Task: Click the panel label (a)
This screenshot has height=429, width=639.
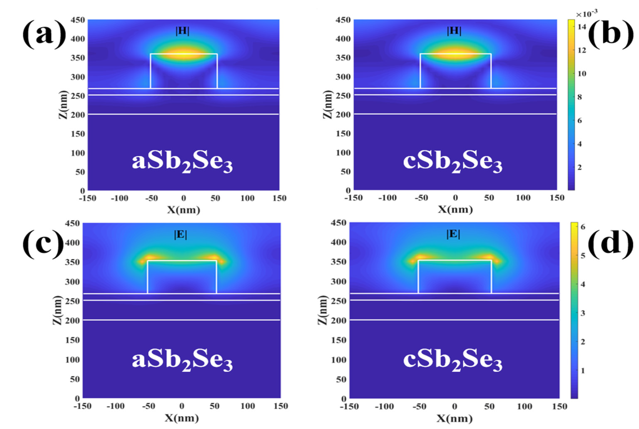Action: coord(44,34)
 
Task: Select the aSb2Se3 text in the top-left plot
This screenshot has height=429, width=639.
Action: coord(182,162)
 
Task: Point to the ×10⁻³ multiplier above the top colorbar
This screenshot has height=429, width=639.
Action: coord(586,13)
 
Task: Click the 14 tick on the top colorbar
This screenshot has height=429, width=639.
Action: coord(582,27)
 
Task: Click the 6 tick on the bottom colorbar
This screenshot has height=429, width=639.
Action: coord(583,227)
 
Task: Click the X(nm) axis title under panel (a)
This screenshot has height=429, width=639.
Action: coord(183,210)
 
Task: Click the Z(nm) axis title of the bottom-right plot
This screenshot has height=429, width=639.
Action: coord(323,310)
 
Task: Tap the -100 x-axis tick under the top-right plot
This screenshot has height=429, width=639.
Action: coord(387,198)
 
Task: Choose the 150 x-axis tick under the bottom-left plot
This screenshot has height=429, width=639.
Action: coord(281,406)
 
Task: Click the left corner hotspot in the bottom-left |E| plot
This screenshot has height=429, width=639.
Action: coord(149,257)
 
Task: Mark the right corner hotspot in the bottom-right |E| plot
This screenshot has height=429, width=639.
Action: coord(489,257)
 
